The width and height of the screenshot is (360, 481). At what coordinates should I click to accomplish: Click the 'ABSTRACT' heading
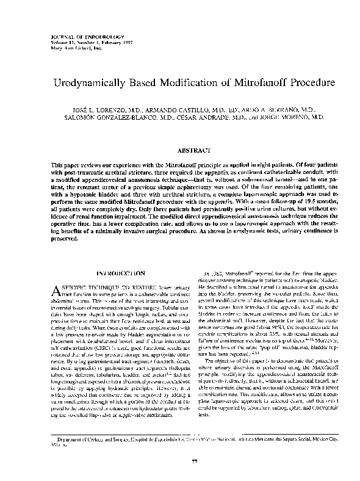click(x=193, y=150)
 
